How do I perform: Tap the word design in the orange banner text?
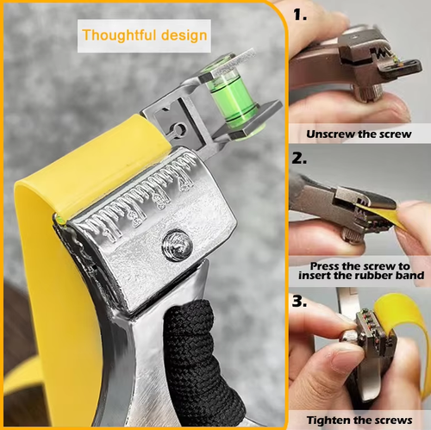pos(182,36)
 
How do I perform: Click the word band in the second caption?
pos(408,277)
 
